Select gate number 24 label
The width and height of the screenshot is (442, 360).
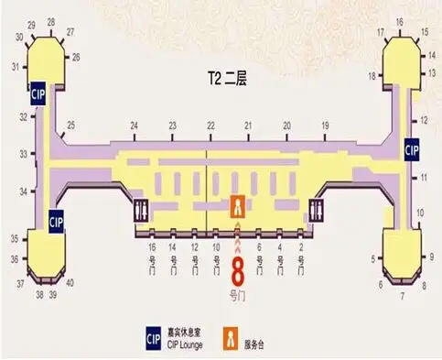[135, 125]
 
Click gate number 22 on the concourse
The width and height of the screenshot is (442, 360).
[210, 125]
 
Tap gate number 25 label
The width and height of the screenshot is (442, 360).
[71, 125]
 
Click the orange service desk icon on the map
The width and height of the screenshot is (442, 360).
[238, 206]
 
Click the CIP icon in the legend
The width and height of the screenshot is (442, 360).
[154, 337]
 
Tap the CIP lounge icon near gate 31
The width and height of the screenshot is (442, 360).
[38, 93]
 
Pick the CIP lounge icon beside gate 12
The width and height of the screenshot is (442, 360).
[411, 149]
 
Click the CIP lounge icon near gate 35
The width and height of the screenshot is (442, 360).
[55, 221]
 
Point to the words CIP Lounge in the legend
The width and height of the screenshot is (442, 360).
[186, 344]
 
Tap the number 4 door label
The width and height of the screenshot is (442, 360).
[279, 247]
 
